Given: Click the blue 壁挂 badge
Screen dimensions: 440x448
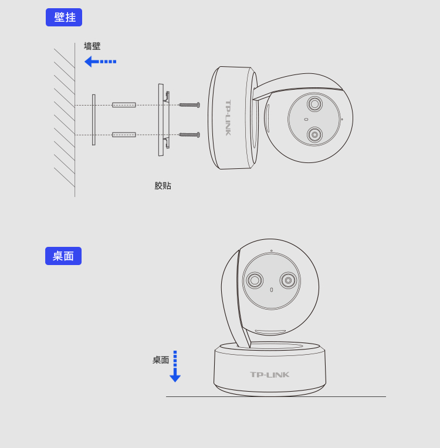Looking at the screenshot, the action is (64, 17).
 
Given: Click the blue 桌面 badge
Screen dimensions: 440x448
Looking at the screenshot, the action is (63, 256).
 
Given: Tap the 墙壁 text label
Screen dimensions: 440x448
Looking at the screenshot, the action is (92, 46).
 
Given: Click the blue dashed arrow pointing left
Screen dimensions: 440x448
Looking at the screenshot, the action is (100, 62).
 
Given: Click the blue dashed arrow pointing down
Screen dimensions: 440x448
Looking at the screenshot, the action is (175, 366).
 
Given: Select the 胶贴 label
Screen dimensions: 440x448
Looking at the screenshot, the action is (163, 186).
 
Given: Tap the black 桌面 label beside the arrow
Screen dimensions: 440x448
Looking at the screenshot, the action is (161, 359).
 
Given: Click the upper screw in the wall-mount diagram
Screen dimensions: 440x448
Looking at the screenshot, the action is (189, 105).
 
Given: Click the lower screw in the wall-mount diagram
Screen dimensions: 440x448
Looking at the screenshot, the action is (189, 134).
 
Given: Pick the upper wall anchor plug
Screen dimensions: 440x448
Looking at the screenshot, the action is (124, 105).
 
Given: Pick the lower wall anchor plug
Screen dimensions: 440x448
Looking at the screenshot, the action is (124, 134).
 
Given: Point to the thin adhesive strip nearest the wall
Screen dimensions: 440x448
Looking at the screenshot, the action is (93, 120).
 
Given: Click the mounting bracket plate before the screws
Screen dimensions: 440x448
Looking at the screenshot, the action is (164, 120).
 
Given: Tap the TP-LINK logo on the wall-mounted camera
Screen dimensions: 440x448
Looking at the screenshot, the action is (228, 118).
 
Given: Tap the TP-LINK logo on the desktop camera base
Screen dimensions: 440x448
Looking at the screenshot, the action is (270, 375).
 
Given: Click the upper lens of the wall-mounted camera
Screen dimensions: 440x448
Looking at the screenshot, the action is (315, 104).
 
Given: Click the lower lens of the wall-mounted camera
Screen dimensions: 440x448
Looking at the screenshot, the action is (315, 134).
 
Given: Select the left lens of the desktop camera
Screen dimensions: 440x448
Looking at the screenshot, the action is (255, 280).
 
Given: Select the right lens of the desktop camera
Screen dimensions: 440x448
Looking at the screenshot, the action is (288, 280).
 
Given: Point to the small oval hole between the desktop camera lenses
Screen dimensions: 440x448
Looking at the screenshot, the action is (271, 290).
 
